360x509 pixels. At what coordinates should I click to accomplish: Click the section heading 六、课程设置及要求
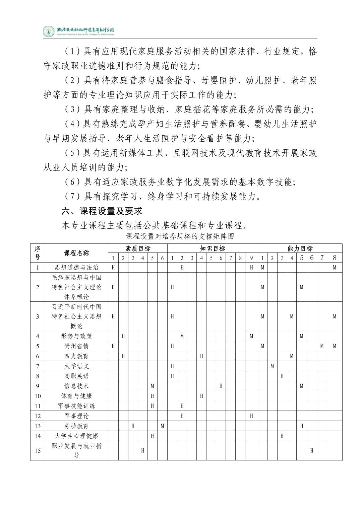102,211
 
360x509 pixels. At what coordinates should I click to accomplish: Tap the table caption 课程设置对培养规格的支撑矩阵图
180,236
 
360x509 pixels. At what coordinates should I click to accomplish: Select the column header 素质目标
138,248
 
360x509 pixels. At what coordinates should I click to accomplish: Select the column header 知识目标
213,248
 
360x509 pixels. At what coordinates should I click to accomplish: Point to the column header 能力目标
300,248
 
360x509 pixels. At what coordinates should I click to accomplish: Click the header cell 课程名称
76,253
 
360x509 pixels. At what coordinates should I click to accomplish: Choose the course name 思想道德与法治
76,268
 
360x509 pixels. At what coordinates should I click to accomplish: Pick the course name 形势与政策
76,336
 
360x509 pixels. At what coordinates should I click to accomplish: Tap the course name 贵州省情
76,346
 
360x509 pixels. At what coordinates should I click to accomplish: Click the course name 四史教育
76,356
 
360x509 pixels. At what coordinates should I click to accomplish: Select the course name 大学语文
76,366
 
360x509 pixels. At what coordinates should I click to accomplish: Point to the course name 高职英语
76,376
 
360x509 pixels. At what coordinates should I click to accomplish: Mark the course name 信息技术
76,386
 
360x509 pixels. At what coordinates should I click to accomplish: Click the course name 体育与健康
76,396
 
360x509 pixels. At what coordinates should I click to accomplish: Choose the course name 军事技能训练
76,406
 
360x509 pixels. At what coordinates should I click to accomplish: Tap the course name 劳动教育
76,426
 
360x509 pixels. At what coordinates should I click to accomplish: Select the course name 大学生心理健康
76,436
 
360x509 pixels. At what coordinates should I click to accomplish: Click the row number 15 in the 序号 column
38,451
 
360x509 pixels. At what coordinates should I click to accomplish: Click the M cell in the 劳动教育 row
162,426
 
